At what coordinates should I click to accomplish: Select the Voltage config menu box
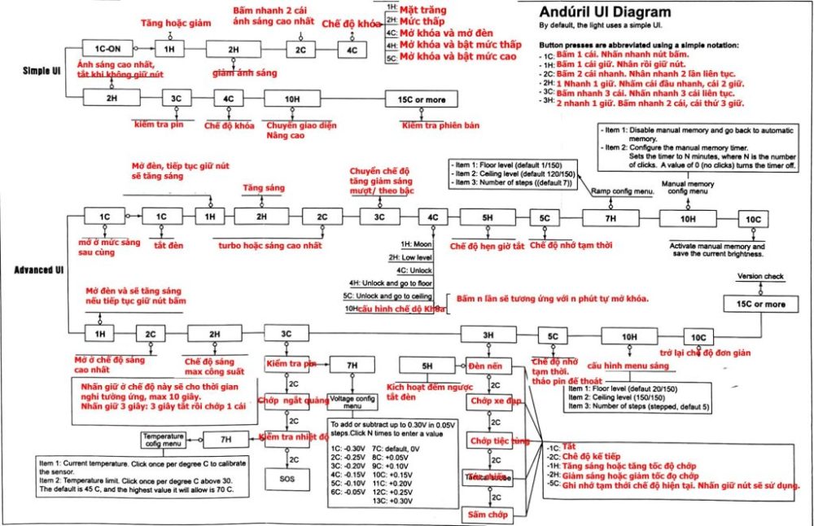coord(352,401)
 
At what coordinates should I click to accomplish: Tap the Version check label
coord(761,277)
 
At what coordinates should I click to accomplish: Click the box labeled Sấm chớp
coord(488,515)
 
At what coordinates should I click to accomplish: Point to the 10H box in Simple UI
coord(292,99)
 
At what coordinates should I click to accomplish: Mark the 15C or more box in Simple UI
coord(421,99)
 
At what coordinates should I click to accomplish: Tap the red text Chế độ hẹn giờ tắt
coord(487,245)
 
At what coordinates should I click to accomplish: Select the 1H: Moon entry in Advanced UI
coord(417,243)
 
